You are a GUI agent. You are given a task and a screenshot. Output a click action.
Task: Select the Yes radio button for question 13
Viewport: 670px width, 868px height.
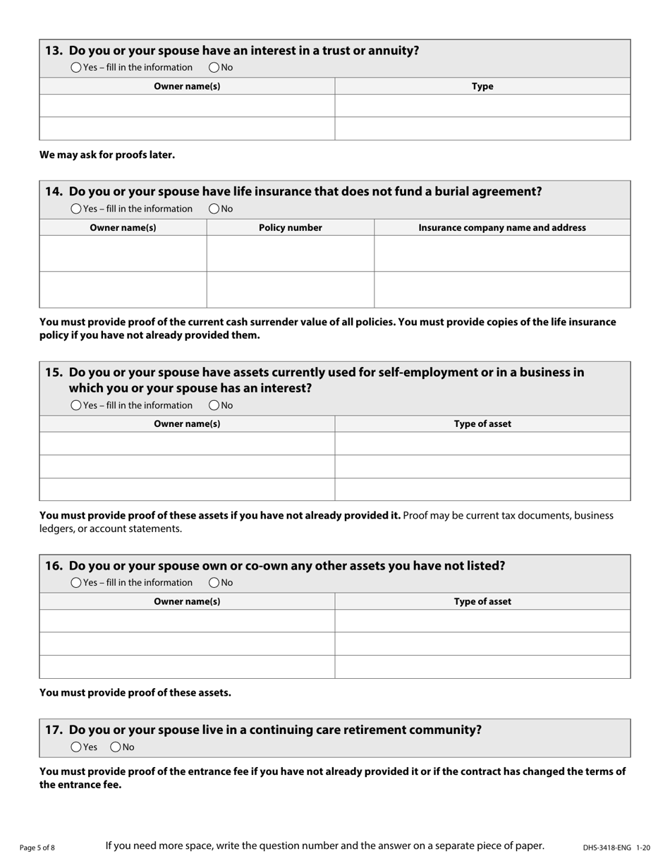tap(76, 68)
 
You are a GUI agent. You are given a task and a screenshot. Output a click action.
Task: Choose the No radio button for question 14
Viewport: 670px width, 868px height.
tap(214, 209)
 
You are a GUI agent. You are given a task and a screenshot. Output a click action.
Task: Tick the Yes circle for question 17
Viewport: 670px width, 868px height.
tap(76, 747)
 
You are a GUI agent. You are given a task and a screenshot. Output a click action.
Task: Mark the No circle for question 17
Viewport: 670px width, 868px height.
tap(116, 747)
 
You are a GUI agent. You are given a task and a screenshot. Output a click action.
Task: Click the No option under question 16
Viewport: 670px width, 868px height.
tap(214, 583)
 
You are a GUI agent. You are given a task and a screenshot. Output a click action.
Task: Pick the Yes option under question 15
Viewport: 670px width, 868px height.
tap(76, 406)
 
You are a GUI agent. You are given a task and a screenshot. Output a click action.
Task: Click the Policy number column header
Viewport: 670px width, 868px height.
tap(290, 228)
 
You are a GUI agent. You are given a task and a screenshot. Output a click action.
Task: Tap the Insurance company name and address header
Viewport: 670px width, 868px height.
tap(501, 228)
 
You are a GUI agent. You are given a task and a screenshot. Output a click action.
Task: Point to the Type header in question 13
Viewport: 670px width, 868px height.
tap(482, 87)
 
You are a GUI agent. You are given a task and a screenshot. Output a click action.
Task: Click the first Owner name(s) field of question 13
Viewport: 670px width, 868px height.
tap(187, 106)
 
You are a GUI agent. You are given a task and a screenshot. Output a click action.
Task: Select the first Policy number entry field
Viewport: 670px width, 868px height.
tap(290, 254)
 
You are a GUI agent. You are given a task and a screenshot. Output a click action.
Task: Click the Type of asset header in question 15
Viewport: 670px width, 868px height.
tap(482, 424)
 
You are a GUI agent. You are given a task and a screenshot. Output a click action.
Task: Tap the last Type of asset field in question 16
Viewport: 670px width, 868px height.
tap(482, 667)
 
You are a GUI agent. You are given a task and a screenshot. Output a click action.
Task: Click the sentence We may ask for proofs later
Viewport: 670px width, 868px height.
tap(107, 155)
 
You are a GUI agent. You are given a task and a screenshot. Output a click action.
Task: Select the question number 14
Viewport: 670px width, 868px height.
tap(54, 191)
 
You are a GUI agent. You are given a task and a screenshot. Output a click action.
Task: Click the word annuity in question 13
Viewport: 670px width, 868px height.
tap(393, 51)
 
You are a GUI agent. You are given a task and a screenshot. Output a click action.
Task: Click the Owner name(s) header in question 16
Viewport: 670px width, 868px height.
tap(187, 602)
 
